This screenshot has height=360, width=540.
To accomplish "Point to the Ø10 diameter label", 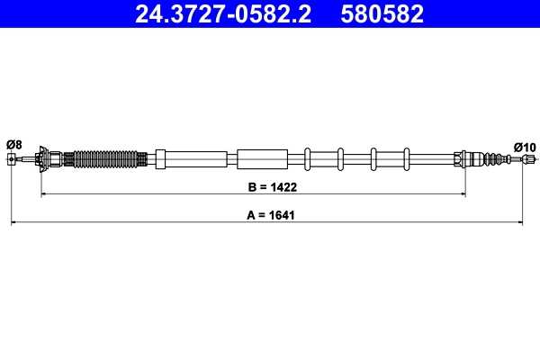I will pos(525,147).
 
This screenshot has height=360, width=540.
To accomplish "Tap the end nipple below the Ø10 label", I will pos(527,160).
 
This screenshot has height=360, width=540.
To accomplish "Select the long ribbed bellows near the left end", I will pos(105,160).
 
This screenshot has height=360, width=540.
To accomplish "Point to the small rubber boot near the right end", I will pos(492,160).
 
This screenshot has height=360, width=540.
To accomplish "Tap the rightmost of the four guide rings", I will pos(406,159).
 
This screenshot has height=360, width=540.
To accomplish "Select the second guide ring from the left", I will pos(341,159).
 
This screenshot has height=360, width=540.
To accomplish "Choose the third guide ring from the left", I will pos(373,159).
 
